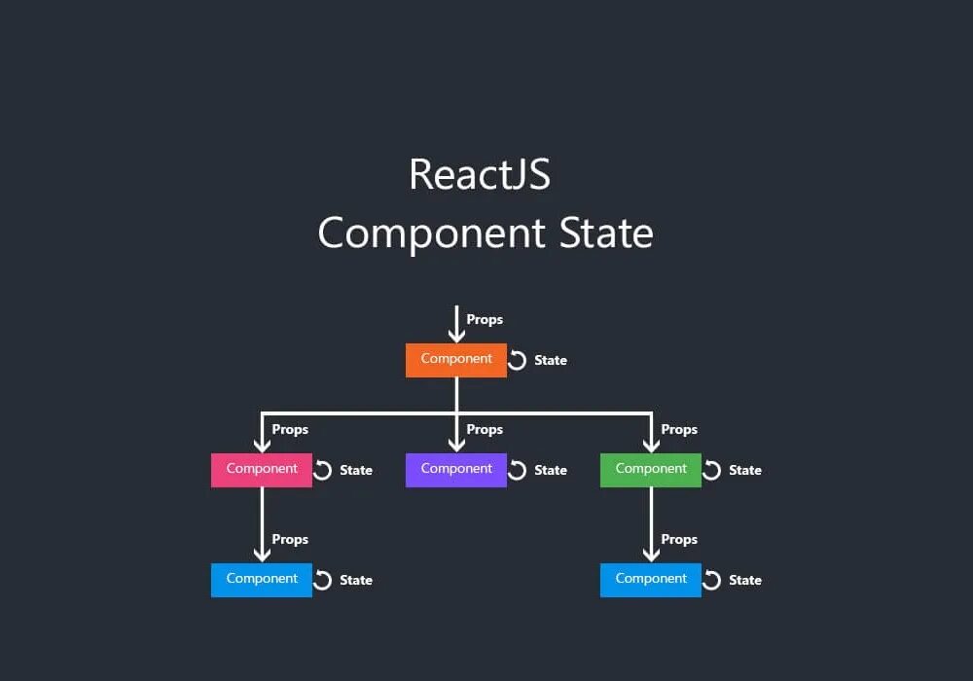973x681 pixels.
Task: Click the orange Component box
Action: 455,360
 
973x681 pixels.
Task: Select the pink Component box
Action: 261,470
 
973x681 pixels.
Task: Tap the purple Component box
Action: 455,470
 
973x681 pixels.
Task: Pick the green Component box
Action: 650,470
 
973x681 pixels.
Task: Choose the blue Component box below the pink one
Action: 261,580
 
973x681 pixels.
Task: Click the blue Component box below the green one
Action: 650,580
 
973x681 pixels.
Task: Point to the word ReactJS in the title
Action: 480,175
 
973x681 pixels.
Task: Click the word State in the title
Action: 605,233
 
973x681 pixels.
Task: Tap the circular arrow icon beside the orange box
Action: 518,360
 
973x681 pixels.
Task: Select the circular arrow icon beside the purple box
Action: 518,470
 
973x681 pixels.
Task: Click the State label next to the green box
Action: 745,471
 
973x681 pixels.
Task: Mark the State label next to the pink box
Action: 356,471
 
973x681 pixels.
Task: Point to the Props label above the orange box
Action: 485,319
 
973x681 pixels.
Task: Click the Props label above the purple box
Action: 485,429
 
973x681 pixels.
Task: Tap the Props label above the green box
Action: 679,429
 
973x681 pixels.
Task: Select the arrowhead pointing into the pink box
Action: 262,446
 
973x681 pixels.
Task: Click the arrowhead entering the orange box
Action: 456,336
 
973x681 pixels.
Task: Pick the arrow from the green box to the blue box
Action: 651,525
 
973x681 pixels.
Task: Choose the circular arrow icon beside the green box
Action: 712,470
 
